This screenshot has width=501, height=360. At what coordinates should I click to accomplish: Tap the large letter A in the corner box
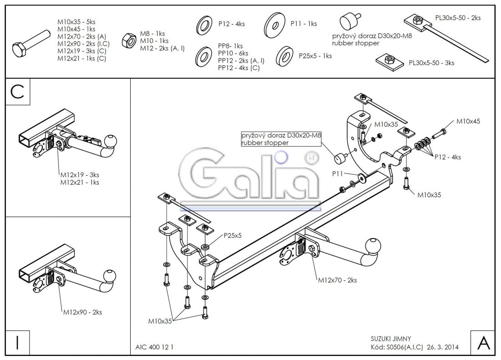483,343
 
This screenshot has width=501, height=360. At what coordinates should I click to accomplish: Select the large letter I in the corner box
17,343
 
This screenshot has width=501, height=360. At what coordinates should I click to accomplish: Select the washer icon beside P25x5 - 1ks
285,56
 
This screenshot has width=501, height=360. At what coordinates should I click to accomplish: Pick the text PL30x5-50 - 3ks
431,63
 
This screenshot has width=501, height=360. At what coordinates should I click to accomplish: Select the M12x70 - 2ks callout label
337,280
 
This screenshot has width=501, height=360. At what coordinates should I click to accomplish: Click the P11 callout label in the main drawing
337,173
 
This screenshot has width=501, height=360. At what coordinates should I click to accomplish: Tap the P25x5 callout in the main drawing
232,235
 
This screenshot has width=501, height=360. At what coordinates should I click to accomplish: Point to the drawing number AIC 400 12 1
154,347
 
